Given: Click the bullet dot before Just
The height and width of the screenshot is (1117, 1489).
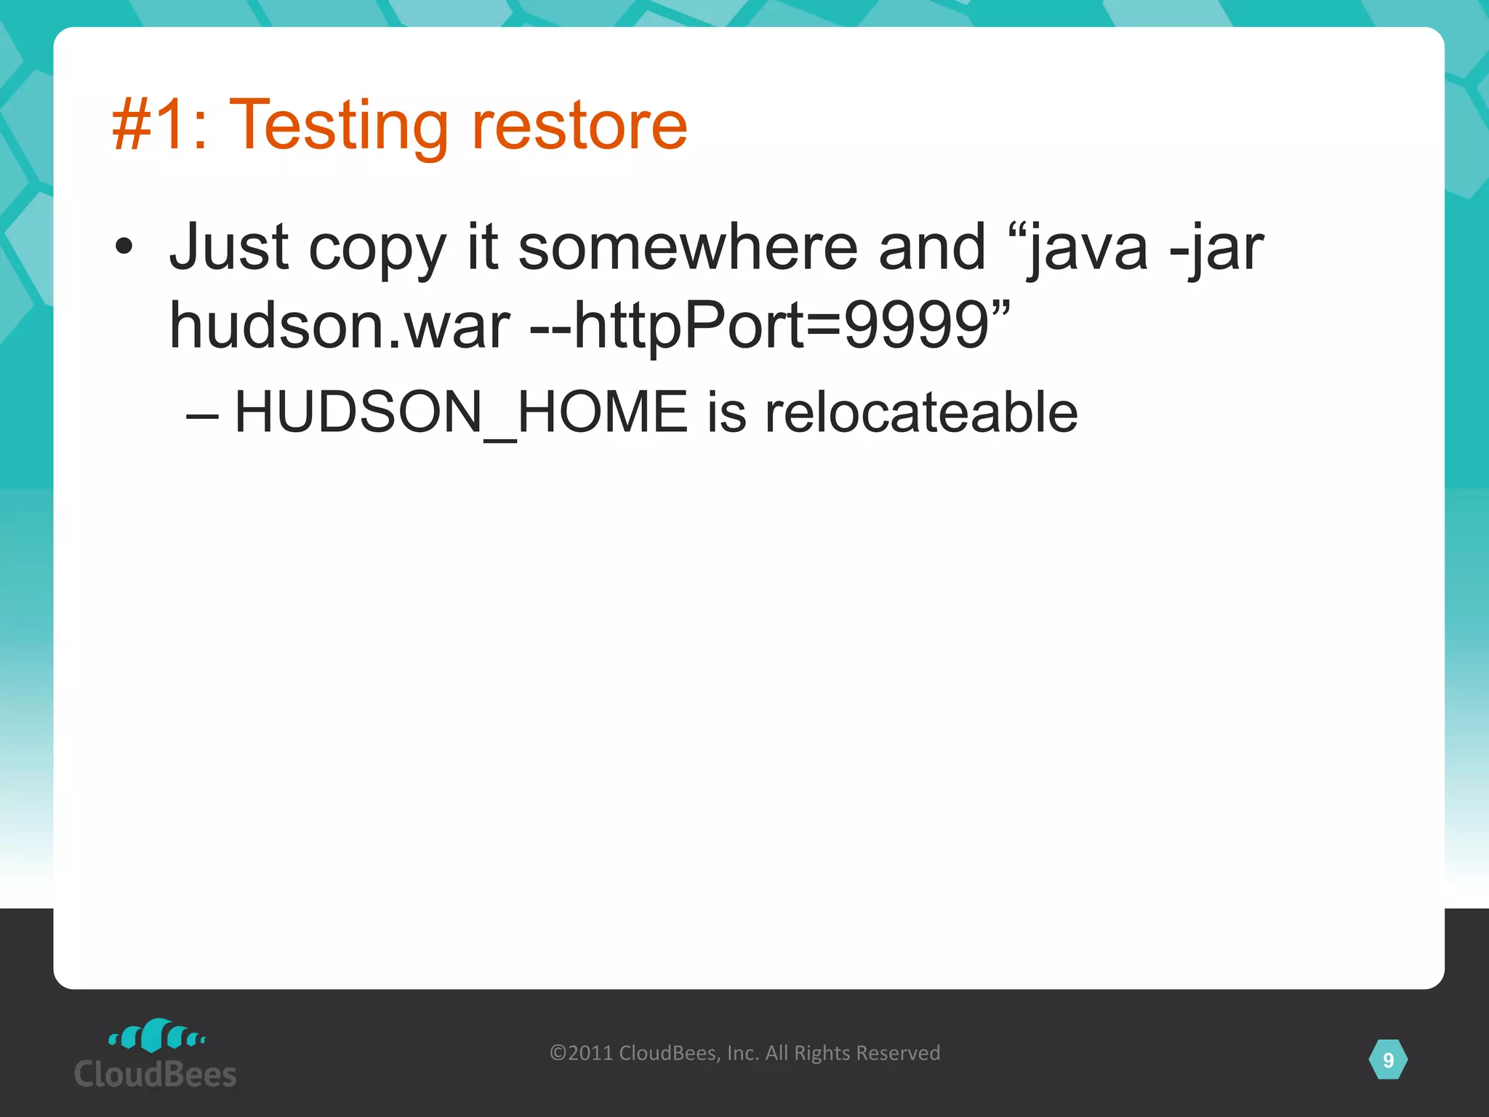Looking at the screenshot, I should pyautogui.click(x=124, y=247).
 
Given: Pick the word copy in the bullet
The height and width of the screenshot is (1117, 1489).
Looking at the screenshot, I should pyautogui.click(x=377, y=251).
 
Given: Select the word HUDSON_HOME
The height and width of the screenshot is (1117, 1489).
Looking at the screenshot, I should pyautogui.click(x=461, y=412).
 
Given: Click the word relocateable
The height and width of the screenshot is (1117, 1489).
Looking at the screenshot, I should pyautogui.click(x=921, y=412).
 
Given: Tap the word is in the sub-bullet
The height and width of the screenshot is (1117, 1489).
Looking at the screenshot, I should pyautogui.click(x=726, y=412).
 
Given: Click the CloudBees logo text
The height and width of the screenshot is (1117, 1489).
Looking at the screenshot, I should pyautogui.click(x=155, y=1074).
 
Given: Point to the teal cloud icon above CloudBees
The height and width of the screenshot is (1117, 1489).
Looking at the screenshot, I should pyautogui.click(x=156, y=1036).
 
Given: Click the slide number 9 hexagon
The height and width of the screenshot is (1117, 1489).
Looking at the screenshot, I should pyautogui.click(x=1388, y=1060).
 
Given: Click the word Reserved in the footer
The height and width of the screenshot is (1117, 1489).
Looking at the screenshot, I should pyautogui.click(x=898, y=1053).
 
